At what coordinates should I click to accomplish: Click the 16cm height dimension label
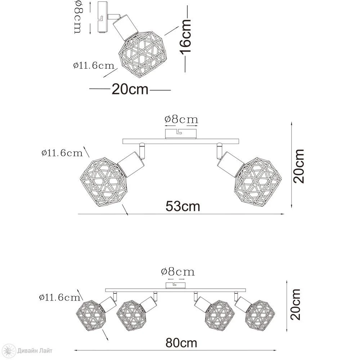[x=185, y=37]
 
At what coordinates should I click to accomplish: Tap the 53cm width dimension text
[x=183, y=206]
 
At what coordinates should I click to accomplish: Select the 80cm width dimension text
[x=181, y=343]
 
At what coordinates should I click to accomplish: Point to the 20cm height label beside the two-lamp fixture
[x=298, y=166]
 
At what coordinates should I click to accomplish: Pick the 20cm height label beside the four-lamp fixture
[x=295, y=305]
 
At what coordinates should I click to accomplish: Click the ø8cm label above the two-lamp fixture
[x=181, y=120]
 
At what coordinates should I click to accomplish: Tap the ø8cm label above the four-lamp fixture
[x=178, y=271]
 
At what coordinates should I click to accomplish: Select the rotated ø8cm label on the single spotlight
[x=78, y=17]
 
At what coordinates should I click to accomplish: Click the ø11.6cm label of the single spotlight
[x=94, y=66]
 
